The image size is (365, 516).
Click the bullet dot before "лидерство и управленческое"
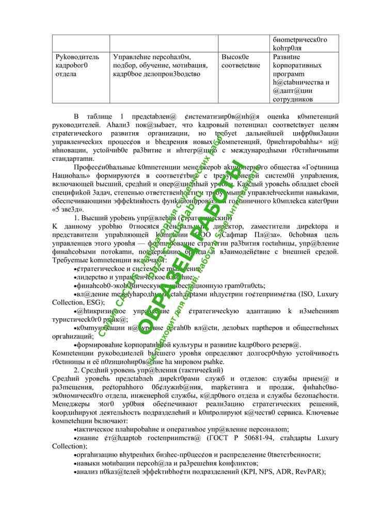pyautogui.click(x=76, y=277)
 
